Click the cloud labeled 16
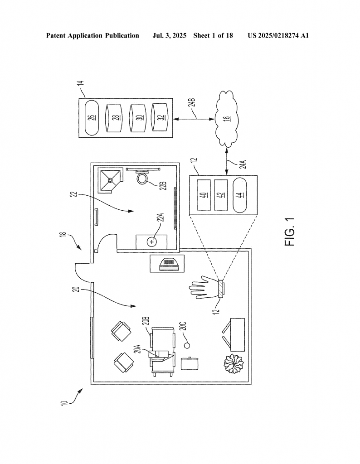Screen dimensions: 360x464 point(227,119)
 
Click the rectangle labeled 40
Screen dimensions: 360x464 point(204,195)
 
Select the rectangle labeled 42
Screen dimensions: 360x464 point(221,195)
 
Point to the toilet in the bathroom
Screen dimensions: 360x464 point(143,177)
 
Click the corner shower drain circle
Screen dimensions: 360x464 point(110,180)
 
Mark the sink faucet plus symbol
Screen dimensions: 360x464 point(152,242)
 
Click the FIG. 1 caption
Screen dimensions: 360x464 point(290,232)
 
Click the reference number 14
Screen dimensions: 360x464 point(82,83)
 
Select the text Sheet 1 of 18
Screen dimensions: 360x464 point(213,36)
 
